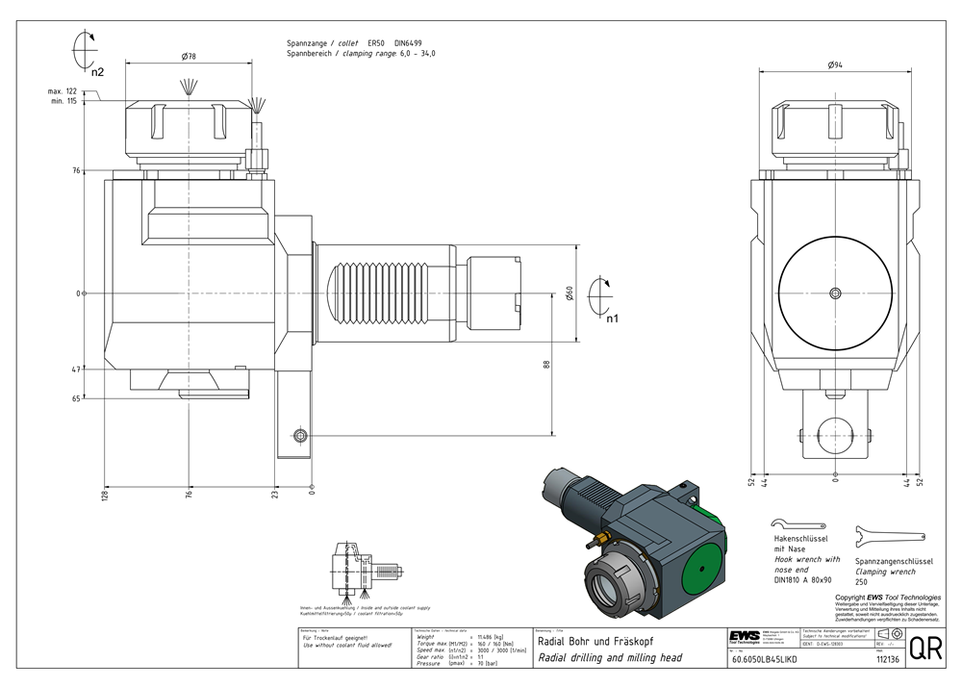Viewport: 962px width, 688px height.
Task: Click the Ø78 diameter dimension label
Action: point(189,58)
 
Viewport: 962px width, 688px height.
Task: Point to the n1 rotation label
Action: point(613,317)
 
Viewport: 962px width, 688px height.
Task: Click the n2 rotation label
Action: point(97,70)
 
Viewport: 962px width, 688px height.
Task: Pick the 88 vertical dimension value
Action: point(545,364)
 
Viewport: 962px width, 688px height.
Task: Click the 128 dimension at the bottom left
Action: point(104,495)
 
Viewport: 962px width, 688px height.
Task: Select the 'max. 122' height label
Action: point(63,91)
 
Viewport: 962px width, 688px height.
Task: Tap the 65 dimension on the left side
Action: point(75,396)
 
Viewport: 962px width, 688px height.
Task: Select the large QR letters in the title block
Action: point(924,649)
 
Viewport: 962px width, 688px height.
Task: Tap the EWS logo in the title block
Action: point(743,639)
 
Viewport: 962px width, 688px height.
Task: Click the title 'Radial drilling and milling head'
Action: point(610,658)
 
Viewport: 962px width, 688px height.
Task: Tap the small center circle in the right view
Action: point(835,293)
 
